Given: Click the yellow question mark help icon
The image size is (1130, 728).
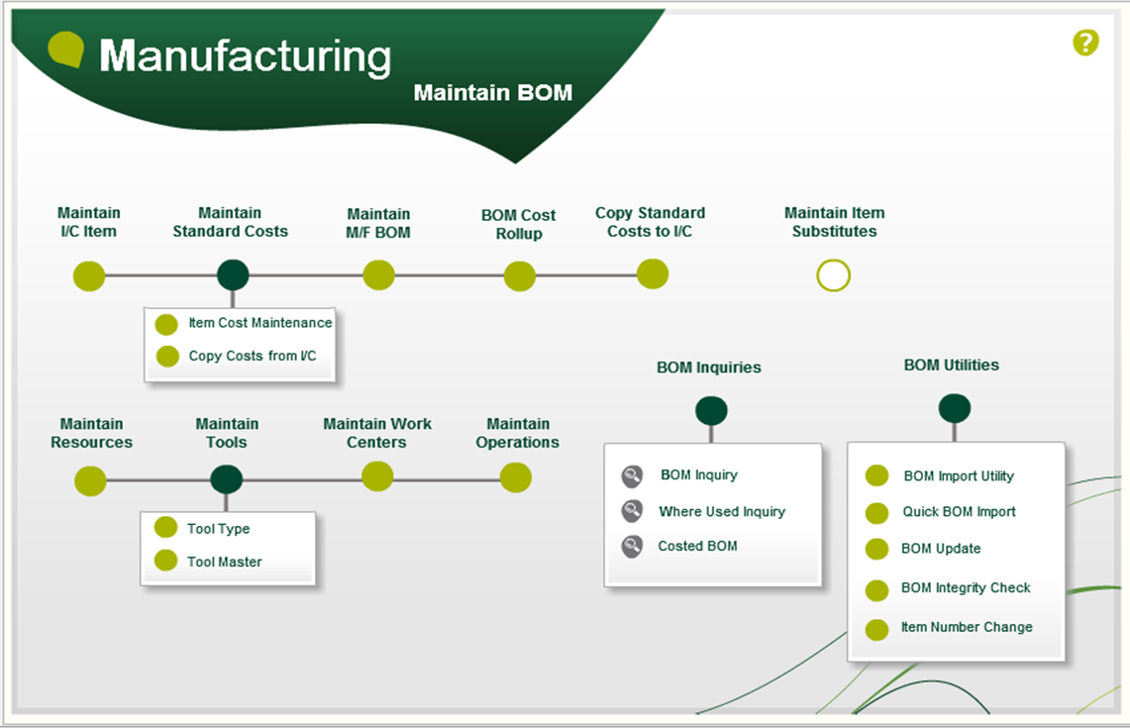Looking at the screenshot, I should pos(1085,43).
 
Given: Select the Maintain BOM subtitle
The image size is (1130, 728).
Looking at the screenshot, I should pos(492,93).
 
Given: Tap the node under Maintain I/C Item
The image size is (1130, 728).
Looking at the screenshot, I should pos(89,275).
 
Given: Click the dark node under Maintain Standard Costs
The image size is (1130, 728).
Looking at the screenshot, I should pos(233,275).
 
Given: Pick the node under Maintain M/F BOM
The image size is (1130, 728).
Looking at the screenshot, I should pos(378,275).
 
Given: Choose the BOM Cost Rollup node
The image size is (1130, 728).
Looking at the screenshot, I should pos(519,276).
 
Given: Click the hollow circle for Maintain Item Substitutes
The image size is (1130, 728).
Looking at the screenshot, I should pos(833,275).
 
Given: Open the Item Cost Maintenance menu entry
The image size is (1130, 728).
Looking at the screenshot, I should pos(259,323).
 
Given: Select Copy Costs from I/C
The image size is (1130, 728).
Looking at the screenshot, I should pos(252,356).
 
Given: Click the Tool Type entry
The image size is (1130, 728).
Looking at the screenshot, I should pos(218,529).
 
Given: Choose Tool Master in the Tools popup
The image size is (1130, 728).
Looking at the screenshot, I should pos(224,562).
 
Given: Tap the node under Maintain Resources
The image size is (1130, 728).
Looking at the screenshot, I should pos(90,481).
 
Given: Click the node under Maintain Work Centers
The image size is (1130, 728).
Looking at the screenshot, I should pos(377,476).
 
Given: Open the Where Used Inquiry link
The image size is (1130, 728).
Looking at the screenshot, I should pos(721,512).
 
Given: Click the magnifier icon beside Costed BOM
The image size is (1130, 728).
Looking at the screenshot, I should pos(632,546).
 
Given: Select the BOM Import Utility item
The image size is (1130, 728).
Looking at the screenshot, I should pos(958,476).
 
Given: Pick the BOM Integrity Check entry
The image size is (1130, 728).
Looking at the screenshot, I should pos(965,588).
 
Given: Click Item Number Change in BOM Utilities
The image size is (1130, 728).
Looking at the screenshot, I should pos(966,627).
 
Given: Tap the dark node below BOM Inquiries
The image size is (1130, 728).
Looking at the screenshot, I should pos(711,410).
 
